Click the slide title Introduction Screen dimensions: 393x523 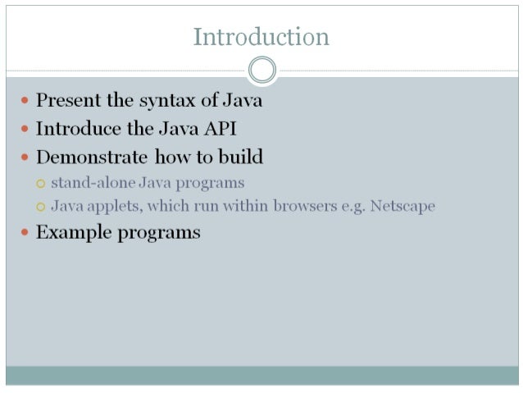[261, 37]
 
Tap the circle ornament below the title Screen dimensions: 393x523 [261, 70]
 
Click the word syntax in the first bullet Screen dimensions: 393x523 [166, 101]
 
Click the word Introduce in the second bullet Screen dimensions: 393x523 [75, 129]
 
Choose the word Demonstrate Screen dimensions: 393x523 [92, 157]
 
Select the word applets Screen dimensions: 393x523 [113, 206]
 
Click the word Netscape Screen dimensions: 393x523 [402, 206]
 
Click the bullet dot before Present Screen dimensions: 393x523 [25, 101]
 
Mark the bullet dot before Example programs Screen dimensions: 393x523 [25, 232]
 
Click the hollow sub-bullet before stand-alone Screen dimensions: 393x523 [41, 183]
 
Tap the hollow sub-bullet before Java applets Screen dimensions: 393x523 [41, 207]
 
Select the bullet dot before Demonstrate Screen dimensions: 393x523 [25, 157]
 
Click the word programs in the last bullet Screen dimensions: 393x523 [159, 233]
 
